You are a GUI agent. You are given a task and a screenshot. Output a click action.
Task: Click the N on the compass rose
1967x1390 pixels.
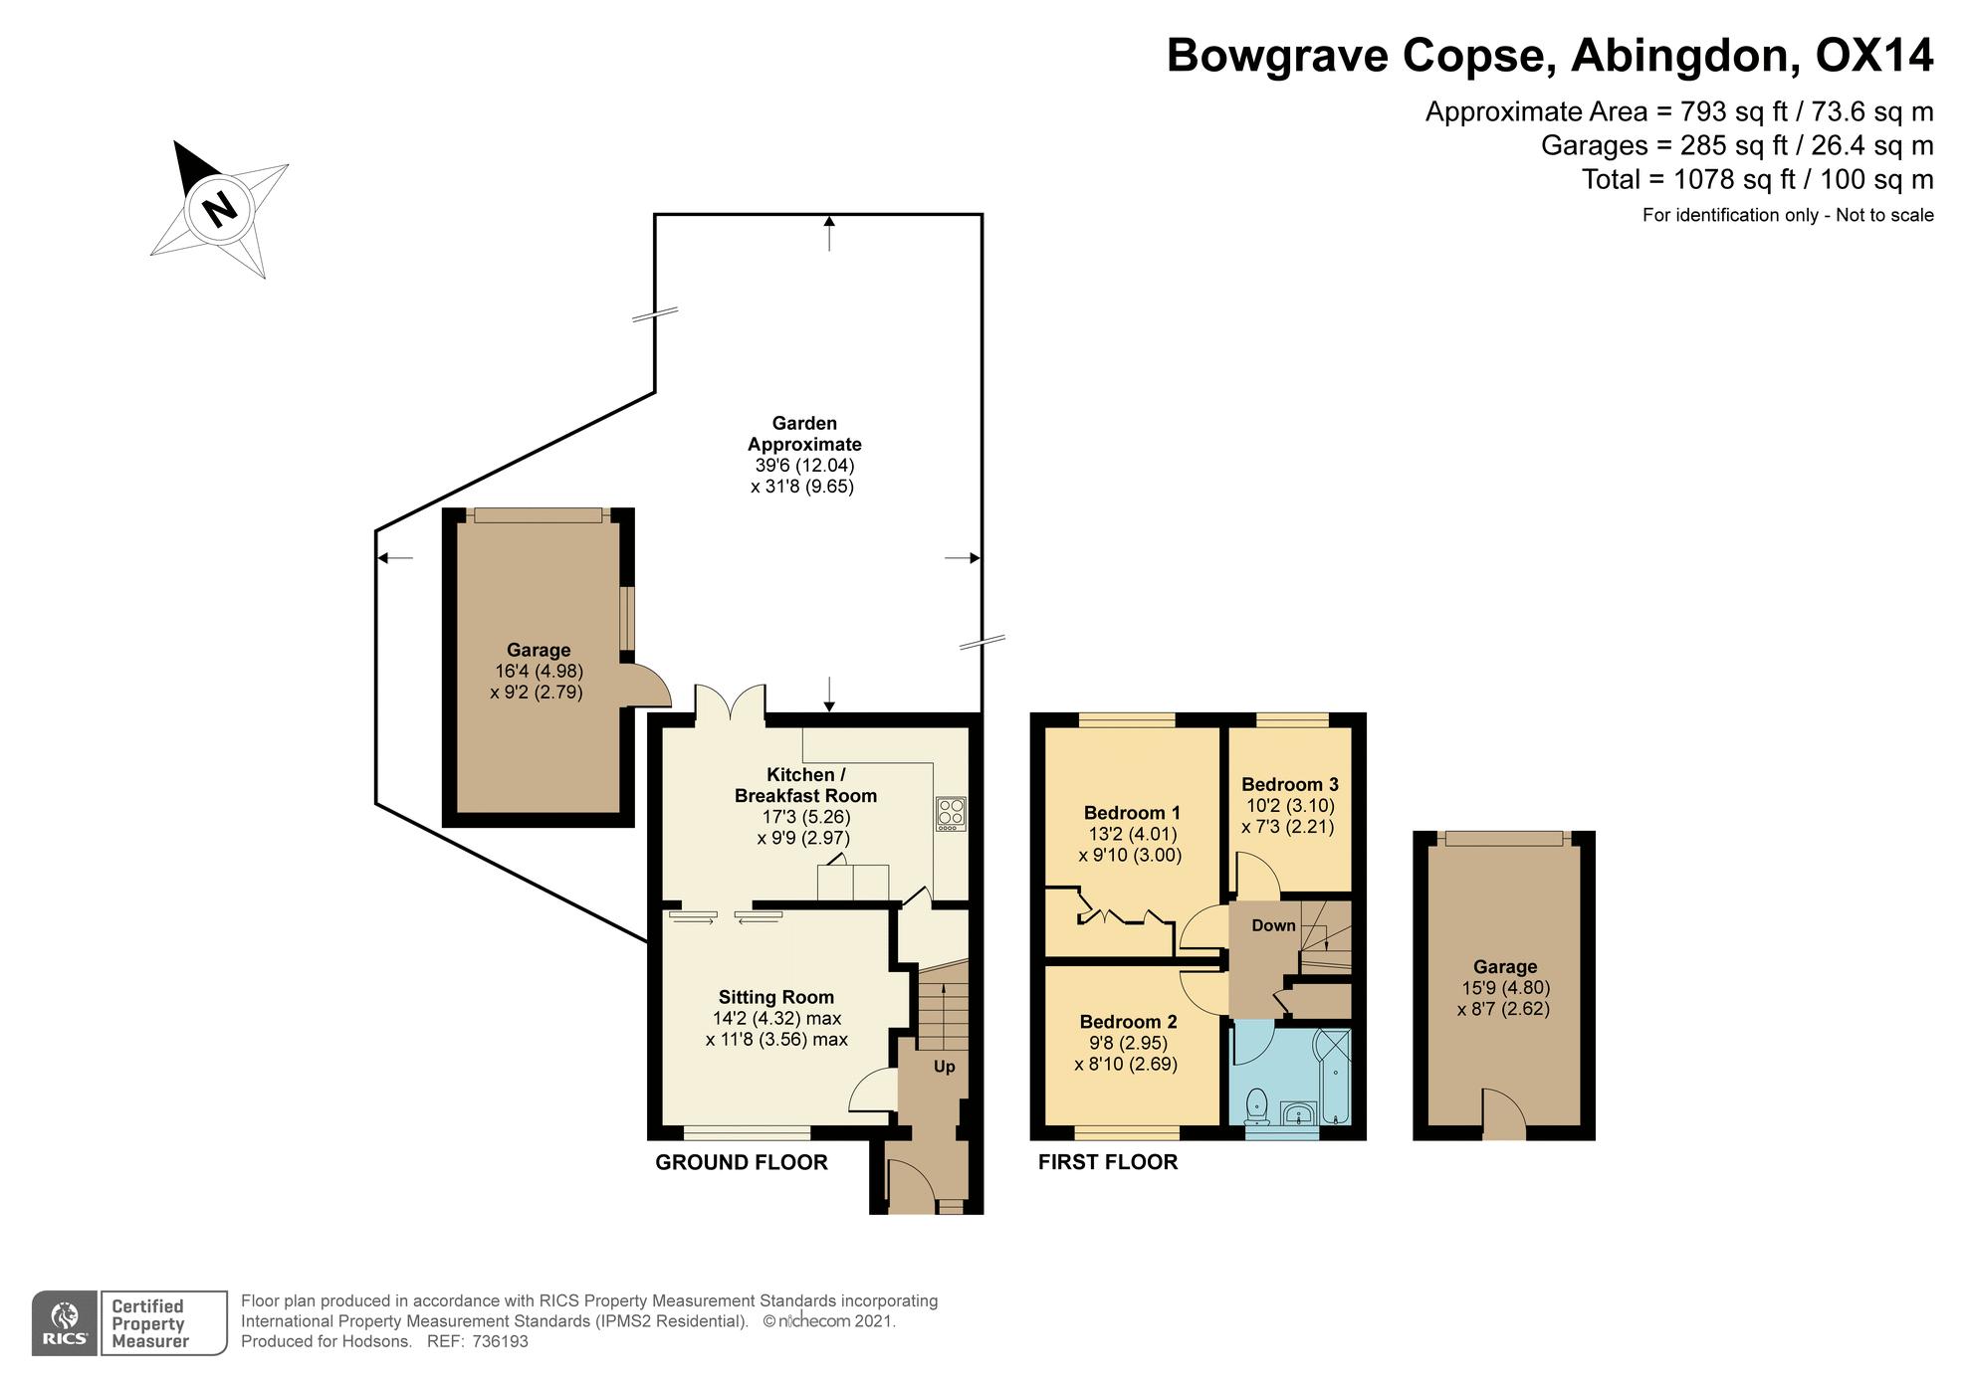coord(219,209)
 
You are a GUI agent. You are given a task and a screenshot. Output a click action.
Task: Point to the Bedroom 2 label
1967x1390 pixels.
coord(1128,1022)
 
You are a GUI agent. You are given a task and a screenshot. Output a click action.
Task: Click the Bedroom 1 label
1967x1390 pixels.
coord(1132,813)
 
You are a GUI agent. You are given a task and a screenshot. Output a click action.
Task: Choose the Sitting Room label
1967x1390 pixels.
coord(776,997)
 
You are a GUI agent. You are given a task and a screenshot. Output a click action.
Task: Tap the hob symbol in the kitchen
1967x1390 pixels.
coord(951,814)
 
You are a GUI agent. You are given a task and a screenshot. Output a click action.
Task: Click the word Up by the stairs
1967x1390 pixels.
coord(944,1067)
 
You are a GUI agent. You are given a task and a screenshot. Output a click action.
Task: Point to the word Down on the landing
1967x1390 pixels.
coord(1273,925)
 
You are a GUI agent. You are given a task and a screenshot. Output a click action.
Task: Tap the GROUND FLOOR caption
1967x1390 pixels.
coord(742,1162)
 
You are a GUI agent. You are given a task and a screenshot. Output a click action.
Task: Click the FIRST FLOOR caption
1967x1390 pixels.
coord(1108,1162)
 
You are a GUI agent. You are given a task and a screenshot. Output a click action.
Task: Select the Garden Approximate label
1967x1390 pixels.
coord(804,434)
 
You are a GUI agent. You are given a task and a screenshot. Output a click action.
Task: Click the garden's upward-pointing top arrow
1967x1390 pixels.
coord(829,233)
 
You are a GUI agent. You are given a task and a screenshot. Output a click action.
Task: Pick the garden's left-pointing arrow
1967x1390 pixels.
coord(394,558)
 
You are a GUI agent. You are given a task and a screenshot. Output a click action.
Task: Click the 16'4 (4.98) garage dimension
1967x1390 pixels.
coord(539,672)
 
